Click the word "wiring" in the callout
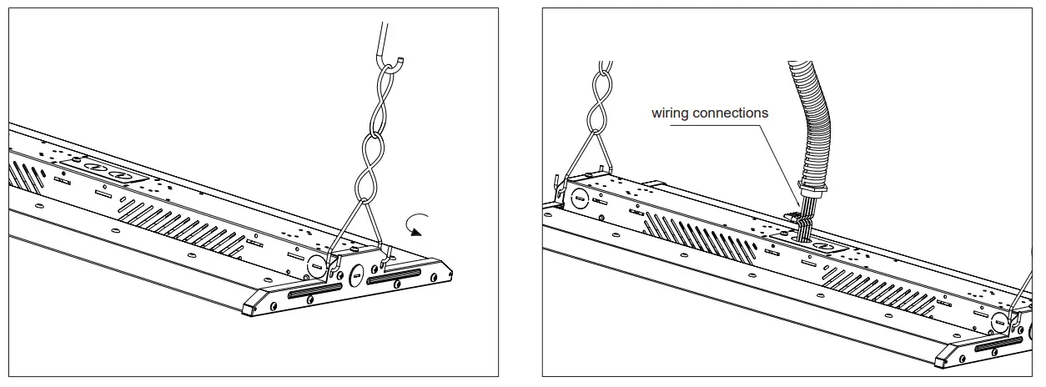(x=671, y=113)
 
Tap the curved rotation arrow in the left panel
(x=415, y=224)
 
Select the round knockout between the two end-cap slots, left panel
(x=354, y=272)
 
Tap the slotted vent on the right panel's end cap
(x=998, y=342)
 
